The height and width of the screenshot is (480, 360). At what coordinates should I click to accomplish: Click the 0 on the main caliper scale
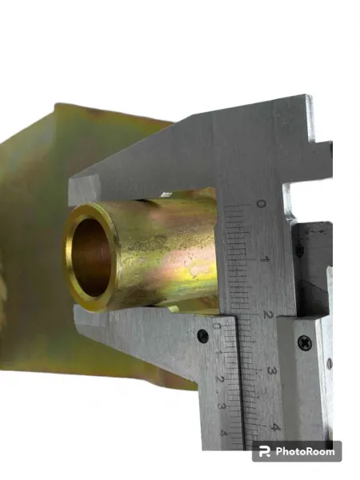click(x=260, y=204)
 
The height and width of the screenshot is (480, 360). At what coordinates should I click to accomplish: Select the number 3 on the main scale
click(x=270, y=370)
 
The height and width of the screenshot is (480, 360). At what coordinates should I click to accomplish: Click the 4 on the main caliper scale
click(x=275, y=427)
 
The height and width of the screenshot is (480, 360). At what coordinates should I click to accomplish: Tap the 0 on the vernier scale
click(x=216, y=326)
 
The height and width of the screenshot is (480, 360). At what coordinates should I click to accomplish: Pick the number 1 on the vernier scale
click(x=218, y=352)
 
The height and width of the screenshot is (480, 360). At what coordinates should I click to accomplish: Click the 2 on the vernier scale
click(x=220, y=379)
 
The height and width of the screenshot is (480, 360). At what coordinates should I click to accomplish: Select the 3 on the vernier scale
click(x=222, y=406)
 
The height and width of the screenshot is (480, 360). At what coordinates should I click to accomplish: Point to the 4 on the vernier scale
click(x=223, y=433)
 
